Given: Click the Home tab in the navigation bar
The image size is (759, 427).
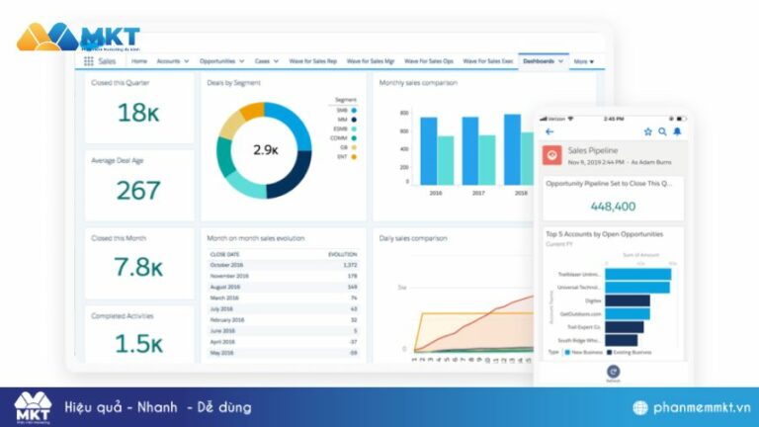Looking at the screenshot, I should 138,61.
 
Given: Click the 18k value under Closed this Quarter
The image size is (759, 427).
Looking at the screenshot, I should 138,113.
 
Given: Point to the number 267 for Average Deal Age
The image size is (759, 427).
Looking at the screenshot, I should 138,190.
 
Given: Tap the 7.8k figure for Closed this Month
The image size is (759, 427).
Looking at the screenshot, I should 138,267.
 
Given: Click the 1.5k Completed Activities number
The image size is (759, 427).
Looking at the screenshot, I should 138,343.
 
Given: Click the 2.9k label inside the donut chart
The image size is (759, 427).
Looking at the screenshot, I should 265,150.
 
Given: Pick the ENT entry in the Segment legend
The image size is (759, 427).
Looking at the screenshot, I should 341,156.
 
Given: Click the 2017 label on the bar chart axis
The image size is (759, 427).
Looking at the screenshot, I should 477,194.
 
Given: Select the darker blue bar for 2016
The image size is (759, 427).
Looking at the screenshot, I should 428,151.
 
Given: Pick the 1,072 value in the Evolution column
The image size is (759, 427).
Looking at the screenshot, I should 349,265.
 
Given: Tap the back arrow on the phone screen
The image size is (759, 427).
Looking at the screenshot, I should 549,131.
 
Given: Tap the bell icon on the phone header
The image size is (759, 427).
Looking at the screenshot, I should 677,131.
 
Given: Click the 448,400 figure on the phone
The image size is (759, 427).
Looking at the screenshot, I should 613,207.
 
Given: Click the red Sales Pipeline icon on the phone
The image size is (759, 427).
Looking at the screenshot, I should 552,155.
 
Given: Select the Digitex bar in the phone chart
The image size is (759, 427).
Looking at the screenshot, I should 626,299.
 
